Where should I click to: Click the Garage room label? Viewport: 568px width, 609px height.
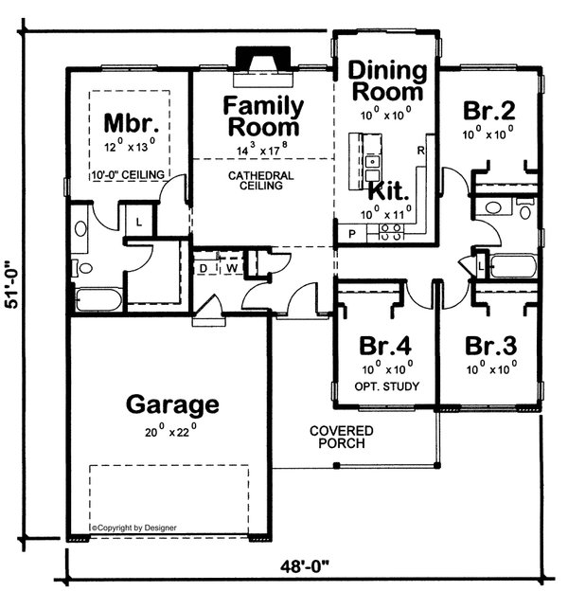click(172, 405)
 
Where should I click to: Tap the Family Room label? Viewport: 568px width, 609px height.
click(262, 116)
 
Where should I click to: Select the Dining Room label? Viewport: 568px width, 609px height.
click(384, 81)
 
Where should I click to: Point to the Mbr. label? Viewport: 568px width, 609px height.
click(130, 123)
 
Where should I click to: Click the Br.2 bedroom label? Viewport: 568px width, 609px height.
click(488, 110)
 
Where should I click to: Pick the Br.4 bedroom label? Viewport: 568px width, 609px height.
click(382, 344)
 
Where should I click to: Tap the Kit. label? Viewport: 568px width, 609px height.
click(389, 189)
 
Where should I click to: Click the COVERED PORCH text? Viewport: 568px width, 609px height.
click(341, 438)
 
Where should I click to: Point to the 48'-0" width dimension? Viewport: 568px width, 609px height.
click(310, 568)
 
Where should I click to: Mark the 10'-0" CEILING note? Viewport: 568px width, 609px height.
click(130, 176)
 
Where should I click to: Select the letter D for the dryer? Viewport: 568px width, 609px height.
click(203, 267)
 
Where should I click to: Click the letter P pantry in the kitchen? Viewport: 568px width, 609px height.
click(351, 232)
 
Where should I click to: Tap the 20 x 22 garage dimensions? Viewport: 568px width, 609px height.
click(172, 432)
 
